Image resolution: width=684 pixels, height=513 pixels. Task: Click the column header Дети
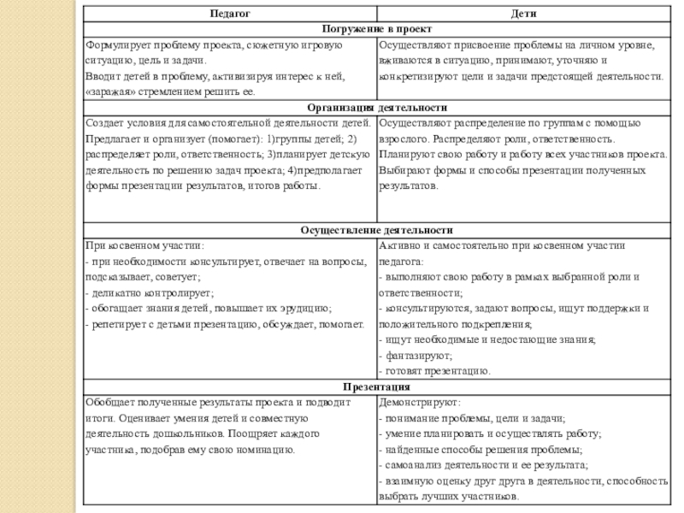tap(523, 14)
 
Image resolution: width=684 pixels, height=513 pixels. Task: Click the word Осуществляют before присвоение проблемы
tap(413, 45)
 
